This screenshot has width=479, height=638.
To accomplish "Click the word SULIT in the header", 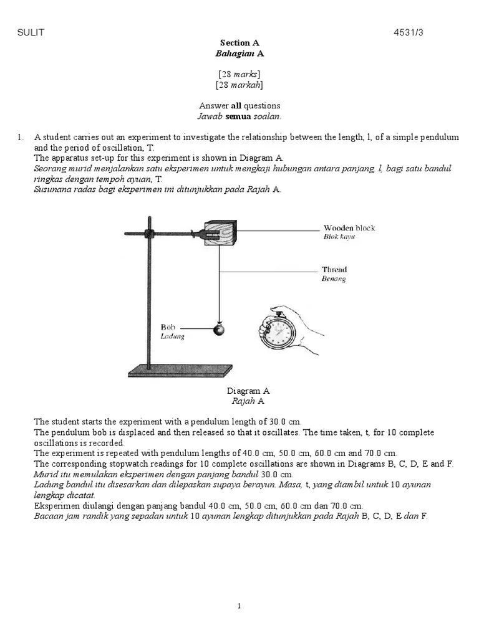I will point(31,32).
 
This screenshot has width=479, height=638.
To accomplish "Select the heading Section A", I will point(239,43).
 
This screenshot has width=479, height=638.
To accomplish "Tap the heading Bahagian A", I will point(239,54).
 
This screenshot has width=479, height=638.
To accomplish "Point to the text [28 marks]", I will point(239,74).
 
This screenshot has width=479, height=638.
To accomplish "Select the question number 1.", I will point(20,137).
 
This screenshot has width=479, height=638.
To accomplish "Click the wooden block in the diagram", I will point(220,236).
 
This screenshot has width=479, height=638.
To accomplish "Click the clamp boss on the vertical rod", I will point(150,234).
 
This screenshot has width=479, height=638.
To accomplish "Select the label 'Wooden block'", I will point(349,228).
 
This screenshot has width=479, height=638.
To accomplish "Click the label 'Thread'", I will point(334,270).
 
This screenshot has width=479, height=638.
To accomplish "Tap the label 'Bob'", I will point(168,326).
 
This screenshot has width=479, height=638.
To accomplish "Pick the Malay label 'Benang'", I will point(333,279).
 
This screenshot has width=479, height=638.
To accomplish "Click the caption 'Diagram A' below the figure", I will point(248,391).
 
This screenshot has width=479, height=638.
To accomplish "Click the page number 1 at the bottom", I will point(239,606).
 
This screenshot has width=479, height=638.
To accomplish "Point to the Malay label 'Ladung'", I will point(173,336).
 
